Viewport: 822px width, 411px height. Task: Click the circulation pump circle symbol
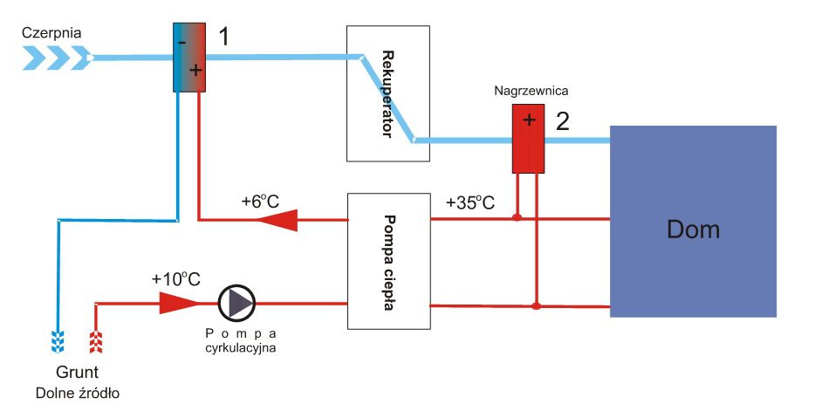point(236,303)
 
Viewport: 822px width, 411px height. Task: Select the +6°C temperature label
point(260,202)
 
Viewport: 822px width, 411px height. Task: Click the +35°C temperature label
point(469,202)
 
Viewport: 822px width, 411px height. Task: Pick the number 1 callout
point(223,37)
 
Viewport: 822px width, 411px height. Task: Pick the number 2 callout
point(563,120)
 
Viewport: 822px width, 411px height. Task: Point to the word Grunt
point(77,372)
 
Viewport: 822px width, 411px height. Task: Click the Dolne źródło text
point(77,393)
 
